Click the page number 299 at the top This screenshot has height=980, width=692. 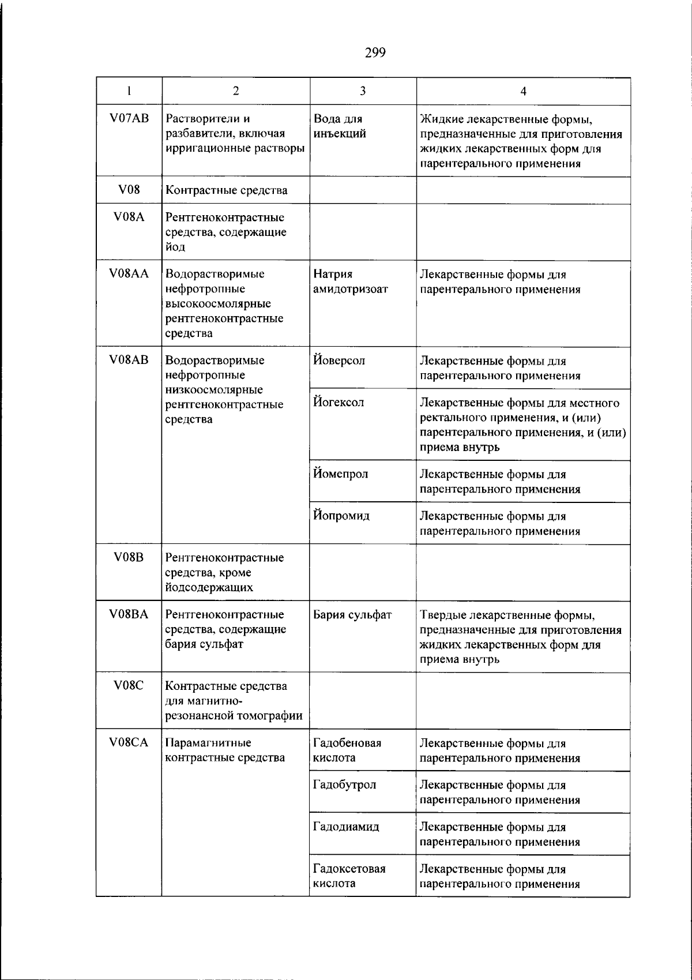click(375, 53)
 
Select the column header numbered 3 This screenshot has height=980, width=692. click(363, 91)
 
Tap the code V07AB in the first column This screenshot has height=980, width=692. click(129, 118)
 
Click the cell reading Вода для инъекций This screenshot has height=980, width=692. click(340, 126)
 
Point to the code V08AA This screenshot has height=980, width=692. click(129, 274)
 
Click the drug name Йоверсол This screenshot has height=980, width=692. click(339, 361)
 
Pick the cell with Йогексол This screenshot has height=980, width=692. click(339, 402)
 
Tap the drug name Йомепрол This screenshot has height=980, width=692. click(340, 474)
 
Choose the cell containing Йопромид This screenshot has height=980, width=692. click(341, 515)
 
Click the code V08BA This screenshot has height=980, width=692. click(129, 614)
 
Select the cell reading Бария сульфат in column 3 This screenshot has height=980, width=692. click(352, 614)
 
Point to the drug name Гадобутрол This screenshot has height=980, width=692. click(344, 784)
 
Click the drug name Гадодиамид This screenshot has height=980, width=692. click(346, 827)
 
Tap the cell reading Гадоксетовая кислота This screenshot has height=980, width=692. click(349, 876)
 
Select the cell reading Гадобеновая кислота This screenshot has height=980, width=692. click(347, 750)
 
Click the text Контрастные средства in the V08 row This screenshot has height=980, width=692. click(226, 190)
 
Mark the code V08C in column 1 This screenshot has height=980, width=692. click(129, 685)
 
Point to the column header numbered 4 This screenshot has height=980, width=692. click(523, 91)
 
